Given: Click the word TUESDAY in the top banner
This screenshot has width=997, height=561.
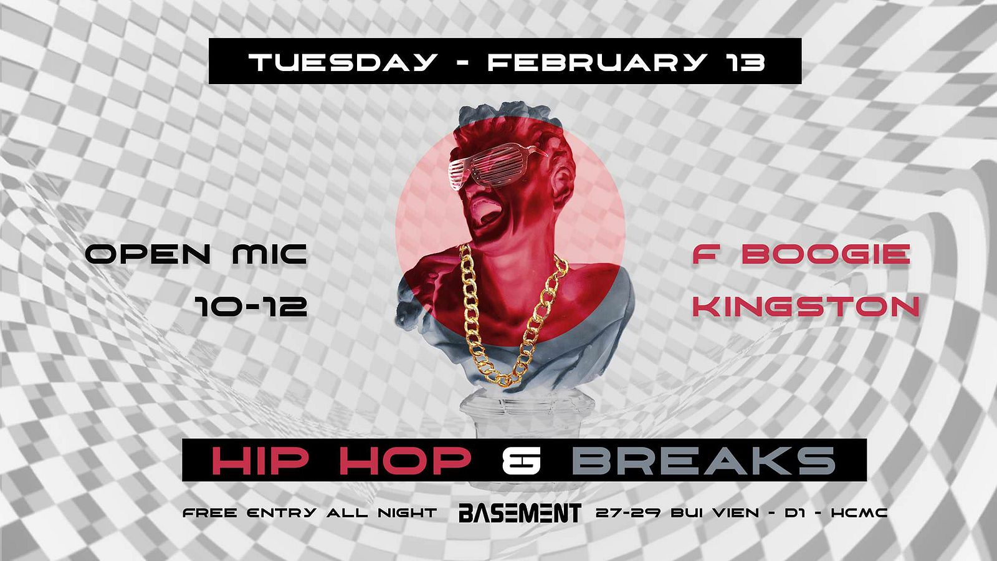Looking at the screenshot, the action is (x=341, y=62).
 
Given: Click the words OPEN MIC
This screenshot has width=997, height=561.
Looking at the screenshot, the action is (x=196, y=255).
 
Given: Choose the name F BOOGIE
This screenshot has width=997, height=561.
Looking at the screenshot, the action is (x=801, y=255).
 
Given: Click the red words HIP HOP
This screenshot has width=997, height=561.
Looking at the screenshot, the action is (x=342, y=461).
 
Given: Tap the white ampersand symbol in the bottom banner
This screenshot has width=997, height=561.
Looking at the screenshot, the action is (x=521, y=461).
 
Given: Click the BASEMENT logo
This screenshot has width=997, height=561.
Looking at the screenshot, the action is (x=520, y=513).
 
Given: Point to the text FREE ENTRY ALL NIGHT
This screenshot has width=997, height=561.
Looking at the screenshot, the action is (x=310, y=513).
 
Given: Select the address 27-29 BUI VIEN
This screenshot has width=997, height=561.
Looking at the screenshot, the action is (x=677, y=513).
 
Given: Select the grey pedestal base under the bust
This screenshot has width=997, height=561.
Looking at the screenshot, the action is (x=527, y=416).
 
